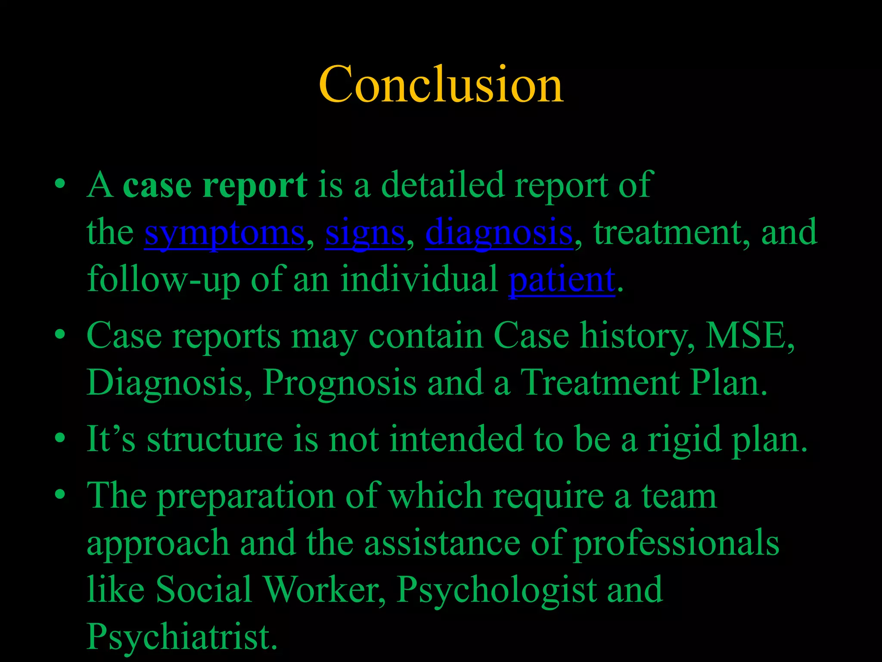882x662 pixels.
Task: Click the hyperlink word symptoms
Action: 224,233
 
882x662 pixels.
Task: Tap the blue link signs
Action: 365,233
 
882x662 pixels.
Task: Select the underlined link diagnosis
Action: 499,233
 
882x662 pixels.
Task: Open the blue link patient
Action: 562,280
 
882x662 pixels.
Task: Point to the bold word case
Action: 157,185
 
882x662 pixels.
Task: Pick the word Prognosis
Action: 340,383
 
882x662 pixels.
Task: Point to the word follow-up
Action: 163,280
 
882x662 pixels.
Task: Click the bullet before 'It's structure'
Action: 60,439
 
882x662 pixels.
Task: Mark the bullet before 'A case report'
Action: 60,185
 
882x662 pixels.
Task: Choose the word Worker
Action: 324,590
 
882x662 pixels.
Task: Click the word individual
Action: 419,280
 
